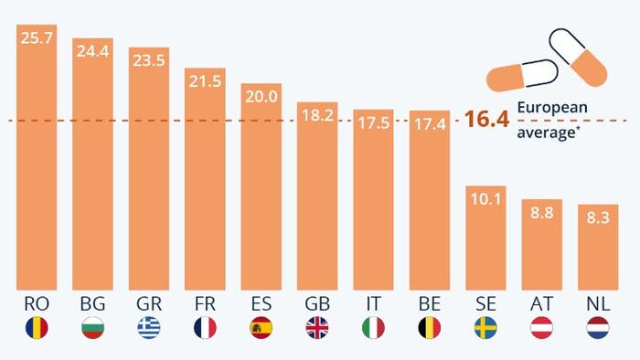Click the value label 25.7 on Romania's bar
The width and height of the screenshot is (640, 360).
click(37, 37)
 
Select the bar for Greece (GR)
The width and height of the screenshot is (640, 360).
click(149, 168)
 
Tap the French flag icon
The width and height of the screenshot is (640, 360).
click(206, 328)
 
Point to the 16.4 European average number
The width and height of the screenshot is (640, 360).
click(487, 119)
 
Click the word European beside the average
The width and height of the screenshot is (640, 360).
click(552, 108)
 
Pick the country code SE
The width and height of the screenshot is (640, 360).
click(485, 303)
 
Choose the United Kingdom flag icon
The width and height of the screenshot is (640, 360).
click(317, 328)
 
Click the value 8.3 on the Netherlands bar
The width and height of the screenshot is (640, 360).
click(598, 217)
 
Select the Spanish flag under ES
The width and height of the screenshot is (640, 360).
click(261, 328)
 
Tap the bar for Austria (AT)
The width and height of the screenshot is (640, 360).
click(542, 245)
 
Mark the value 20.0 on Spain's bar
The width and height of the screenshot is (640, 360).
click(261, 97)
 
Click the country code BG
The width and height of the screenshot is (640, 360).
click(92, 303)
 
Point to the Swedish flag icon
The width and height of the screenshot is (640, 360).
click(485, 328)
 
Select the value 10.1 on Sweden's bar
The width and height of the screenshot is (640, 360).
click(485, 199)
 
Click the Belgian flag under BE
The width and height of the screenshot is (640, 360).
click(430, 328)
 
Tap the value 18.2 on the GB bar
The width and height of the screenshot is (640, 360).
click(317, 115)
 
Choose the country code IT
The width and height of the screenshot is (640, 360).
click(373, 303)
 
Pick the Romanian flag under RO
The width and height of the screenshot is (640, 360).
click(37, 328)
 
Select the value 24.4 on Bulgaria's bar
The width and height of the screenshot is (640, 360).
click(92, 51)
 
